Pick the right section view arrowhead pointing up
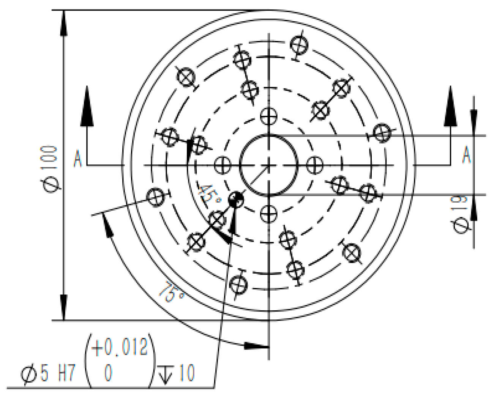451,107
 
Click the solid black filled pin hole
236,199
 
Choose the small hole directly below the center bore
268,214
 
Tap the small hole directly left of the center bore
223,165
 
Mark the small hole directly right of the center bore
314,165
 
